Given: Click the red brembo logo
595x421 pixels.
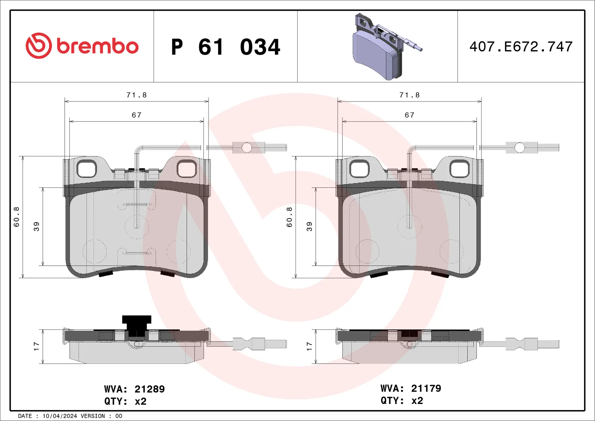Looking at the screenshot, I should click(x=82, y=46).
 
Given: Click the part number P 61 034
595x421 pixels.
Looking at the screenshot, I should click(x=225, y=47).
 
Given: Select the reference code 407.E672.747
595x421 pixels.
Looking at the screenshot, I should click(x=521, y=47).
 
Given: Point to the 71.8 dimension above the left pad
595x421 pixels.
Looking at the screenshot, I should click(x=136, y=95).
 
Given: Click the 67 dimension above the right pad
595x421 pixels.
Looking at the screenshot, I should click(x=409, y=115).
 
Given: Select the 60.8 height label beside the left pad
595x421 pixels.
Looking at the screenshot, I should click(x=16, y=217).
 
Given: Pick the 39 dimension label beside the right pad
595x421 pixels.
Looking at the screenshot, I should click(x=309, y=227).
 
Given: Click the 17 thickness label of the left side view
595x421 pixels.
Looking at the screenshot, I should click(x=36, y=346).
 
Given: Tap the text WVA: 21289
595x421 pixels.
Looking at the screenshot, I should click(x=134, y=389).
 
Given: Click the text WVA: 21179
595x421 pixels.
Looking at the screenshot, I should click(x=411, y=388).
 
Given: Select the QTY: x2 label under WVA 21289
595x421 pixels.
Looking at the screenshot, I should click(x=125, y=401).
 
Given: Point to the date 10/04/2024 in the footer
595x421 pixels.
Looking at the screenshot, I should click(x=59, y=416).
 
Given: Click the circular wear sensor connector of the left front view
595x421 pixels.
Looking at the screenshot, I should click(x=247, y=148).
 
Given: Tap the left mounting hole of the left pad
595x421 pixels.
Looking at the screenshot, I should click(x=87, y=169).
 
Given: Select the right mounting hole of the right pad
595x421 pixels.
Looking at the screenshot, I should click(x=459, y=169).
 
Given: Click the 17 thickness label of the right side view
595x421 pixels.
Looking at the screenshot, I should click(x=309, y=346).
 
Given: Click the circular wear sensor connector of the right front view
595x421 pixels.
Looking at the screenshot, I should click(x=519, y=148).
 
